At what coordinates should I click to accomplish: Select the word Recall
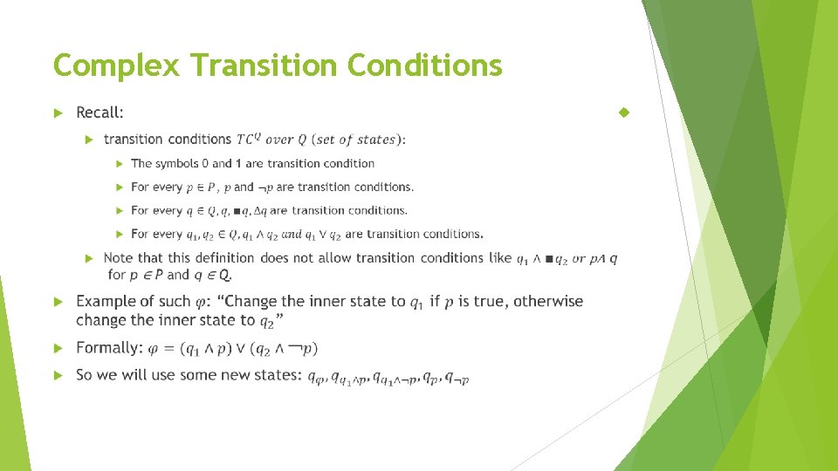click(x=99, y=113)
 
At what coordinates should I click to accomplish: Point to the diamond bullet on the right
click(x=623, y=113)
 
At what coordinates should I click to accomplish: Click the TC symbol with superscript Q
click(x=248, y=139)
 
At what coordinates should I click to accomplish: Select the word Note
click(x=119, y=258)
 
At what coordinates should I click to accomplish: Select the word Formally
click(x=109, y=348)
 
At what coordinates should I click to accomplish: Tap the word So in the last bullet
click(x=85, y=375)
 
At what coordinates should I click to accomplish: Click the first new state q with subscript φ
click(x=316, y=378)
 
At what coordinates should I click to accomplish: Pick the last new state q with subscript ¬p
click(x=457, y=378)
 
